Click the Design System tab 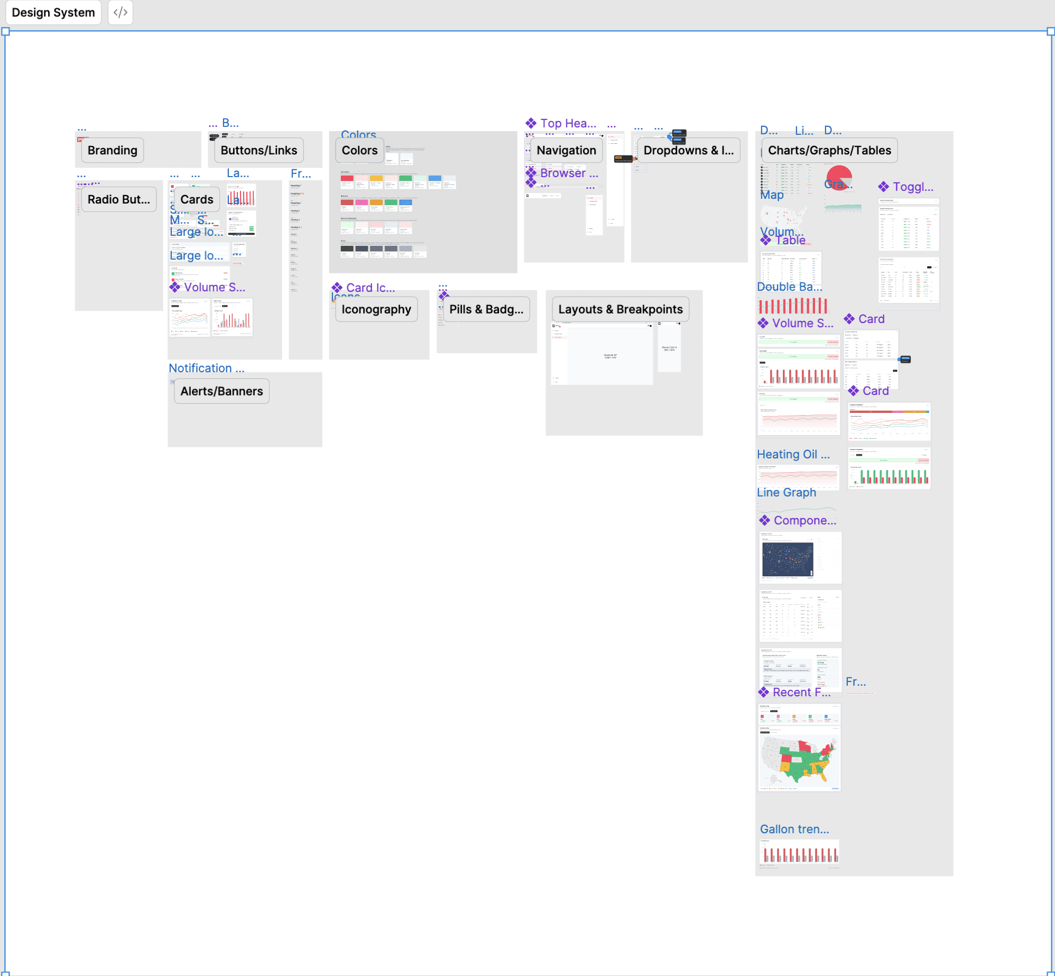point(53,13)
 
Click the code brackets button point(121,13)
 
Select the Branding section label point(112,151)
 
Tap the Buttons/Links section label point(258,151)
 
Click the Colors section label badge point(359,151)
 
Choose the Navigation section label point(566,151)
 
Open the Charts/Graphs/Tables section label point(829,151)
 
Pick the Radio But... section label point(118,200)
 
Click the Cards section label point(197,200)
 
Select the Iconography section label point(376,310)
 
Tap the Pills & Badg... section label point(486,310)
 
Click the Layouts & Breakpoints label point(620,310)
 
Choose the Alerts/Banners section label point(221,392)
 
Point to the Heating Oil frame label point(793,455)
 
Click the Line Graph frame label point(786,493)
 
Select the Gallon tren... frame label point(794,830)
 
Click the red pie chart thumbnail point(839,176)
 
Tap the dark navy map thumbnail point(788,559)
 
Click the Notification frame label point(206,369)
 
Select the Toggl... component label point(912,187)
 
